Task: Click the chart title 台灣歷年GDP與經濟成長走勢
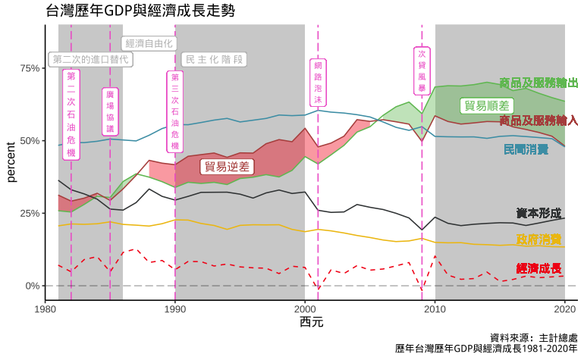[140, 11]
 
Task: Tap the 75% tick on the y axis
[29, 68]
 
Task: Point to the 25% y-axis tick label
[29, 213]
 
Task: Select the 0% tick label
[32, 286]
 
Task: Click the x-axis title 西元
[311, 323]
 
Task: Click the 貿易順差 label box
[486, 106]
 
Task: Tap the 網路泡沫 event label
[319, 83]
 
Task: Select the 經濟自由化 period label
[149, 43]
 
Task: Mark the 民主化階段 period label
[214, 59]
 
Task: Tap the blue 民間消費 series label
[526, 149]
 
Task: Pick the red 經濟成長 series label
[538, 268]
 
